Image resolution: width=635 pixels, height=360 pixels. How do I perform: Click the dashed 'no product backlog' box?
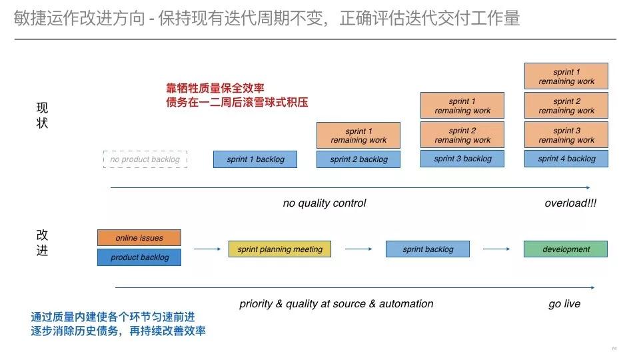click(x=145, y=159)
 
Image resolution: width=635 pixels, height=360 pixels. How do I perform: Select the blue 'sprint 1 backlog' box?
click(x=255, y=159)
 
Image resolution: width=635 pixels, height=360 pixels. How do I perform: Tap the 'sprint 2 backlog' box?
click(x=358, y=159)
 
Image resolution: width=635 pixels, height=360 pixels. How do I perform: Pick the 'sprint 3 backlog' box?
click(x=462, y=159)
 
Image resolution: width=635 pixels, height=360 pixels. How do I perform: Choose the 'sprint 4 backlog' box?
click(x=566, y=159)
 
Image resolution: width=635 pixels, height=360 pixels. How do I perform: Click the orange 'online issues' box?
click(x=139, y=238)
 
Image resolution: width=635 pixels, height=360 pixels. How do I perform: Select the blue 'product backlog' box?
click(x=139, y=257)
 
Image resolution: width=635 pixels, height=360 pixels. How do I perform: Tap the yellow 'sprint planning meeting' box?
click(x=280, y=249)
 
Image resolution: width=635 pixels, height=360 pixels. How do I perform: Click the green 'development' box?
click(x=566, y=249)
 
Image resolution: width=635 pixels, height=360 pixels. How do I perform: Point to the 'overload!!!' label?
click(x=570, y=203)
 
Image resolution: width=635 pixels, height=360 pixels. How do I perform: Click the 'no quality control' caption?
click(x=324, y=203)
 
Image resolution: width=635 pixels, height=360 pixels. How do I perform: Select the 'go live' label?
click(x=564, y=304)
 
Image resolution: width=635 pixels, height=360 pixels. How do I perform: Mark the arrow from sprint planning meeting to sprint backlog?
click(x=359, y=249)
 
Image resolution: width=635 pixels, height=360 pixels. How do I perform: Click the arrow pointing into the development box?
click(x=496, y=249)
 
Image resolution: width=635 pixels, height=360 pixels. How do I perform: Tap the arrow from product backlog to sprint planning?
click(x=207, y=249)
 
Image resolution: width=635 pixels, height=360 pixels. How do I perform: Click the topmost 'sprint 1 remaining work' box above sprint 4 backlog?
click(x=566, y=77)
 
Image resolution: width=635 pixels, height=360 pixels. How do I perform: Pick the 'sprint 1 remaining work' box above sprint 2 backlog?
click(x=358, y=135)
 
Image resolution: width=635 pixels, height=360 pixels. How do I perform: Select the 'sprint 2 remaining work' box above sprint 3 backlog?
click(x=462, y=135)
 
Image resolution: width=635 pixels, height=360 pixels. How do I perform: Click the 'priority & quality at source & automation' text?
click(x=336, y=304)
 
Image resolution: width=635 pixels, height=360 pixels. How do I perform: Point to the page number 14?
click(x=614, y=349)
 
